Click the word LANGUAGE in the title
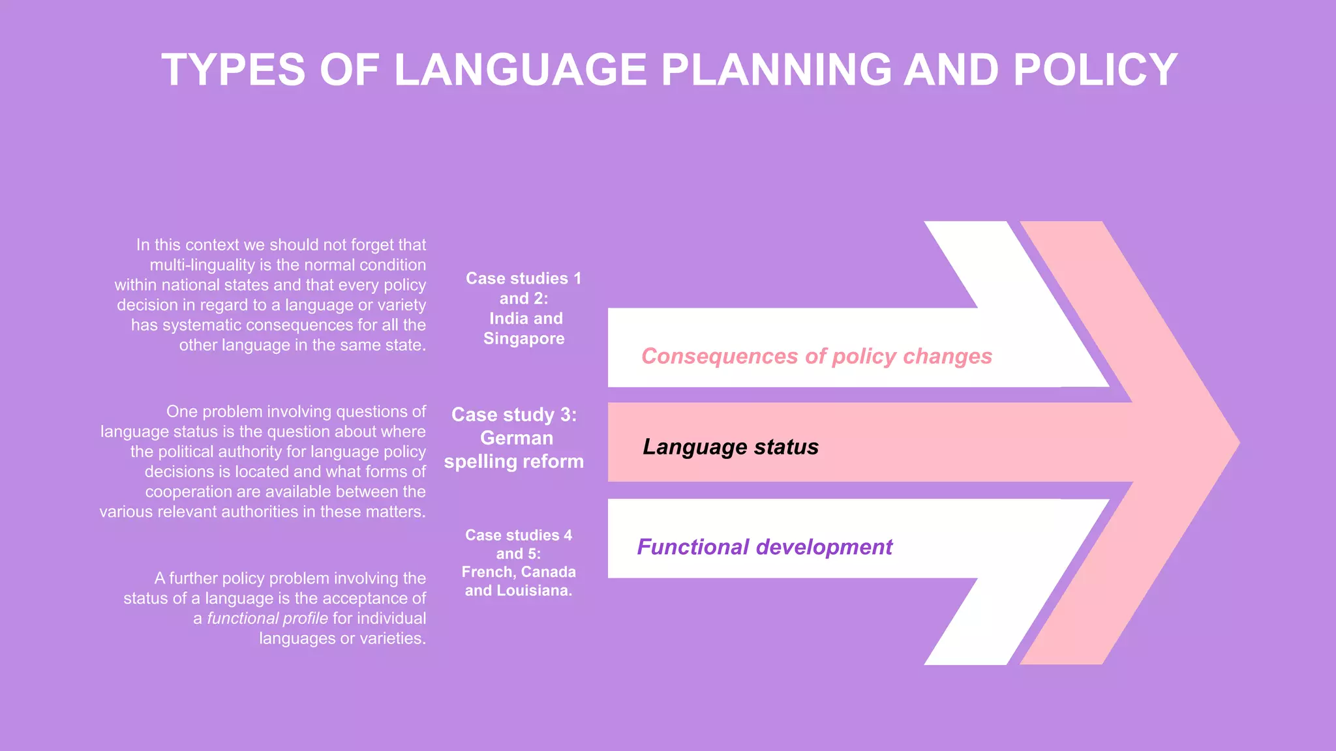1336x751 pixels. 520,70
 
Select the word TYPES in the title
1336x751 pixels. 233,70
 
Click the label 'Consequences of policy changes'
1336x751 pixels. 816,356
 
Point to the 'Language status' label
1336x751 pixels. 730,447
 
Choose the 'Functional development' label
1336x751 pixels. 764,546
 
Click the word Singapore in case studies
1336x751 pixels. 524,339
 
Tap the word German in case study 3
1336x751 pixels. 516,438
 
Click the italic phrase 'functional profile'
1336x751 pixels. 267,618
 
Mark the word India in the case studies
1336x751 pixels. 508,319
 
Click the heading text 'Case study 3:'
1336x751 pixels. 513,415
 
